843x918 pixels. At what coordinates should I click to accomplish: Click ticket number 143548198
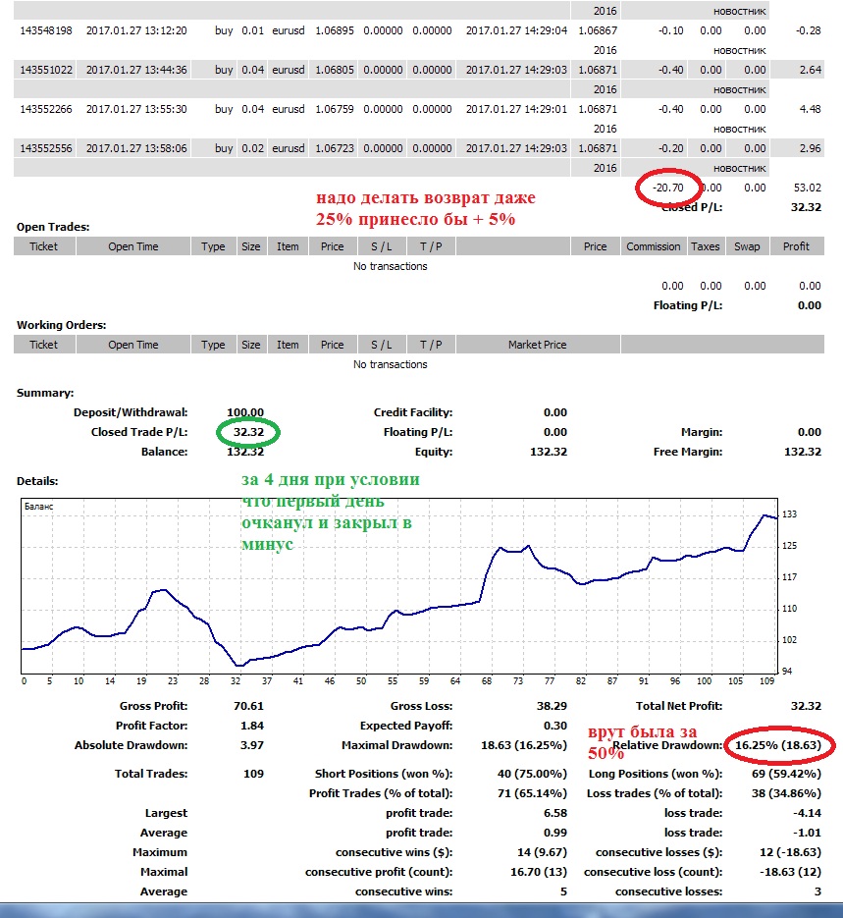pyautogui.click(x=46, y=30)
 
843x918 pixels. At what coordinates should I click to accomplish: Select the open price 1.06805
pyautogui.click(x=335, y=70)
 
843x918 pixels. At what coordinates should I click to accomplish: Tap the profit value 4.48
pyautogui.click(x=811, y=109)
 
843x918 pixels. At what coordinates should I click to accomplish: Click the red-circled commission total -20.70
pyautogui.click(x=668, y=188)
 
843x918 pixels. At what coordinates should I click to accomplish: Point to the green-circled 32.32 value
pyautogui.click(x=248, y=432)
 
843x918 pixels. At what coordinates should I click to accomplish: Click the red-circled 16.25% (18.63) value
pyautogui.click(x=778, y=745)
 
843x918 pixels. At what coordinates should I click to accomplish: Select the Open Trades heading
pyautogui.click(x=53, y=227)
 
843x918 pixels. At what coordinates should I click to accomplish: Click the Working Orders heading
pyautogui.click(x=62, y=325)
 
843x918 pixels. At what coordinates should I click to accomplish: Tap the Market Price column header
pyautogui.click(x=537, y=345)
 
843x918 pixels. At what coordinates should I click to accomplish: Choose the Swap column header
pyautogui.click(x=747, y=246)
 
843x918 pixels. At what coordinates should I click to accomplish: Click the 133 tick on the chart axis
pyautogui.click(x=789, y=514)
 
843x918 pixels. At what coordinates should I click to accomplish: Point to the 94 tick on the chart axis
pyautogui.click(x=787, y=671)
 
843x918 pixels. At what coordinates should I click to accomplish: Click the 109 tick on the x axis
pyautogui.click(x=767, y=680)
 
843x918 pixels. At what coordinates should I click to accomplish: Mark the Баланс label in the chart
pyautogui.click(x=38, y=507)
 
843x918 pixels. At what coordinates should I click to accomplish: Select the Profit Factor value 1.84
pyautogui.click(x=252, y=726)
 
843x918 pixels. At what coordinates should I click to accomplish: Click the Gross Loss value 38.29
pyautogui.click(x=552, y=706)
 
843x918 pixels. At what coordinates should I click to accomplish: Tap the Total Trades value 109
pyautogui.click(x=253, y=774)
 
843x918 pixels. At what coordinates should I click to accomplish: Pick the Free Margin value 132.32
pyautogui.click(x=803, y=452)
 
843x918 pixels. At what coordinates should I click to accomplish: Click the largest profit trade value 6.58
pyautogui.click(x=555, y=813)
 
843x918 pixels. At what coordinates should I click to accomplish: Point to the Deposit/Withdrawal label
pyautogui.click(x=131, y=412)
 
